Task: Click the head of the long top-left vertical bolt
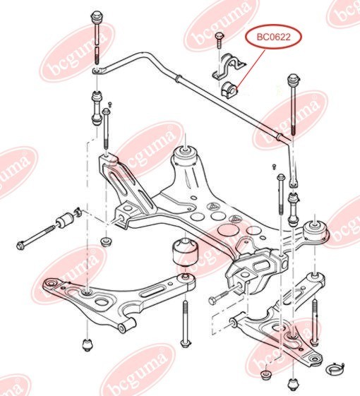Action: click(96, 16)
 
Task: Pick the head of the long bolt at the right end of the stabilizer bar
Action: click(291, 77)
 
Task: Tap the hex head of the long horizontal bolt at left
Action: click(21, 245)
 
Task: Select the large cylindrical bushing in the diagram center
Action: click(185, 253)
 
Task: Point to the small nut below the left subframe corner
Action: click(107, 242)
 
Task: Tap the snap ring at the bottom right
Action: click(337, 366)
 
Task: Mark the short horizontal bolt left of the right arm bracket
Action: click(215, 300)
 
